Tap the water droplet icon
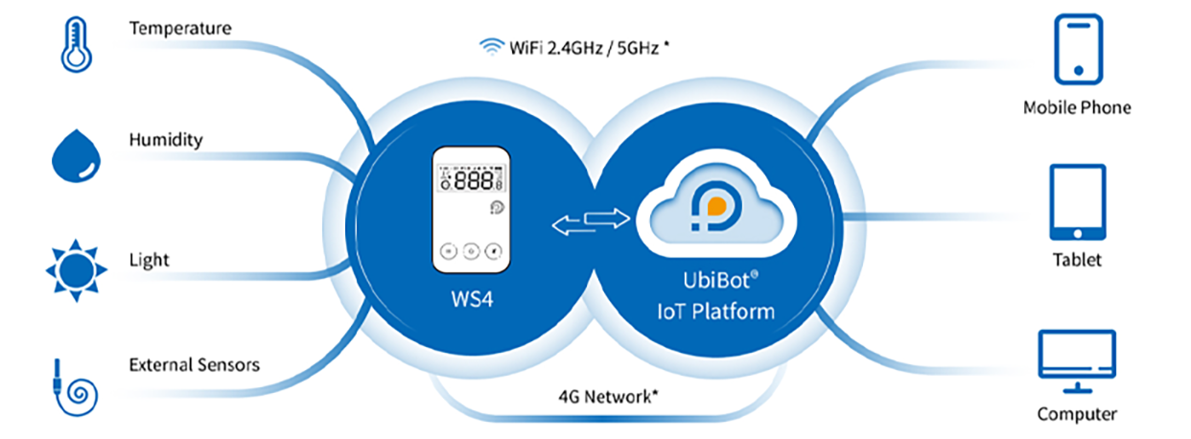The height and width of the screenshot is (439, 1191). pyautogui.click(x=74, y=155)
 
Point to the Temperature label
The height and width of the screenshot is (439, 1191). pyautogui.click(x=179, y=29)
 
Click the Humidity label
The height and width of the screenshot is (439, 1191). pyautogui.click(x=166, y=140)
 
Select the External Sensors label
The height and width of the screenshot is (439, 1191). pyautogui.click(x=195, y=365)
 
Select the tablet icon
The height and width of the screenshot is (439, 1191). pyautogui.click(x=1077, y=202)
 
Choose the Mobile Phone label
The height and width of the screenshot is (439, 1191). pyautogui.click(x=1077, y=107)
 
